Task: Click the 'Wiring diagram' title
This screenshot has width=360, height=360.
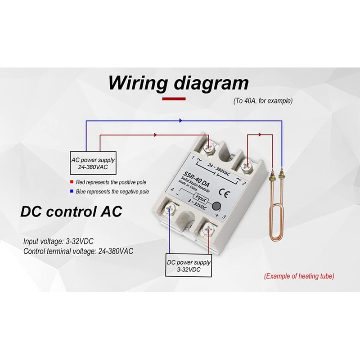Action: [x=178, y=83]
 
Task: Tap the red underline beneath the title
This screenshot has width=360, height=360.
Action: [x=174, y=98]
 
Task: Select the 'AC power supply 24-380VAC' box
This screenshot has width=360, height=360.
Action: [x=93, y=164]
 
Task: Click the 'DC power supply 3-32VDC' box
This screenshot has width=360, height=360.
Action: [x=189, y=265]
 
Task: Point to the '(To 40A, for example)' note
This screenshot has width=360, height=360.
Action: [x=263, y=101]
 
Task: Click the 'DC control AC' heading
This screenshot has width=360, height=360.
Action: [x=71, y=211]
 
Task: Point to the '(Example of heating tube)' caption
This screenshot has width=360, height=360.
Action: [x=299, y=276]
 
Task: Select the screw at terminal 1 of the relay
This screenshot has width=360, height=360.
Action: [x=209, y=146]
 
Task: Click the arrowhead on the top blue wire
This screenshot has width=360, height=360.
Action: [x=180, y=121]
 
